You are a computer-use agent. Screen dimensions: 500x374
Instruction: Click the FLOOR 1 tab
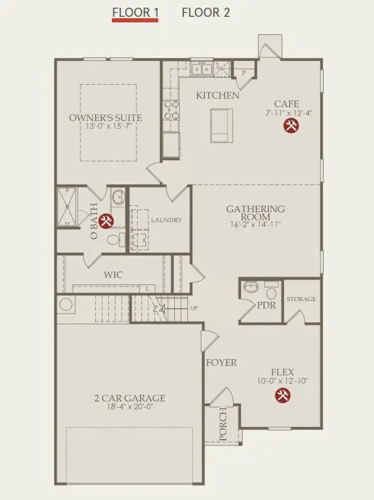(x=136, y=13)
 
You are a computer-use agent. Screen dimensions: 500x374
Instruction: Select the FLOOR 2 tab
(x=206, y=13)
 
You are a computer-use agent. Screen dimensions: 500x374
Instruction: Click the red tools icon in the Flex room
(x=283, y=396)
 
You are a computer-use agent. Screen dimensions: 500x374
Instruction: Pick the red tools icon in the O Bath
(x=106, y=222)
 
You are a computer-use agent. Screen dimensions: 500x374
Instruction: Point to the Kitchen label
(x=217, y=95)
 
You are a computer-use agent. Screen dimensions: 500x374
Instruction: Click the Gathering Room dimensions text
(x=254, y=225)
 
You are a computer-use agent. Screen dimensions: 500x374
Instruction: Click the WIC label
(x=113, y=275)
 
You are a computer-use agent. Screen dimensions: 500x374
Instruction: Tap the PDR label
(x=266, y=305)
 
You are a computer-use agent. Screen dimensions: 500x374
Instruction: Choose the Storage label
(x=302, y=299)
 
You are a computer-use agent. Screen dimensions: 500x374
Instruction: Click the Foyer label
(x=221, y=363)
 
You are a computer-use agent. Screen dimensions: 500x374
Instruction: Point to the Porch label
(x=223, y=425)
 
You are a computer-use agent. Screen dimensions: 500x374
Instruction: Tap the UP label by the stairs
(x=194, y=308)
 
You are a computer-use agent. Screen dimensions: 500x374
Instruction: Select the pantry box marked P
(x=245, y=72)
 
